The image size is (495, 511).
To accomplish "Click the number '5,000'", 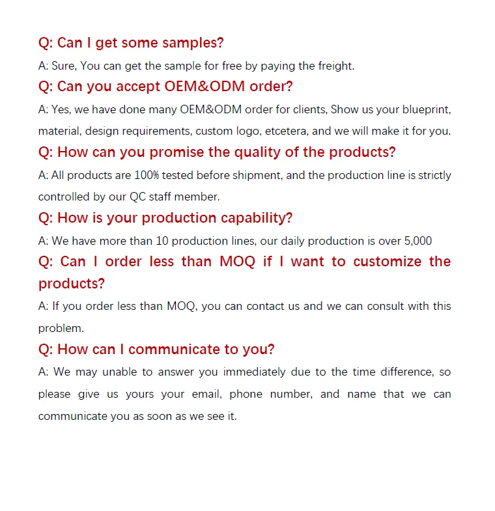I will [417, 241].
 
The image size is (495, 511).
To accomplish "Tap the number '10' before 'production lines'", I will [162, 241].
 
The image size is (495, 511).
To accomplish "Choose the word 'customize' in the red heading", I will [387, 262].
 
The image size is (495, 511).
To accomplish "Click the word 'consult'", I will [380, 306].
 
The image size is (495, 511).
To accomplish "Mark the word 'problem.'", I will [61, 328].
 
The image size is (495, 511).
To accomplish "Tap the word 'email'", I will [206, 394].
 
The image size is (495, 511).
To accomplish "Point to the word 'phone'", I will [246, 394].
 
